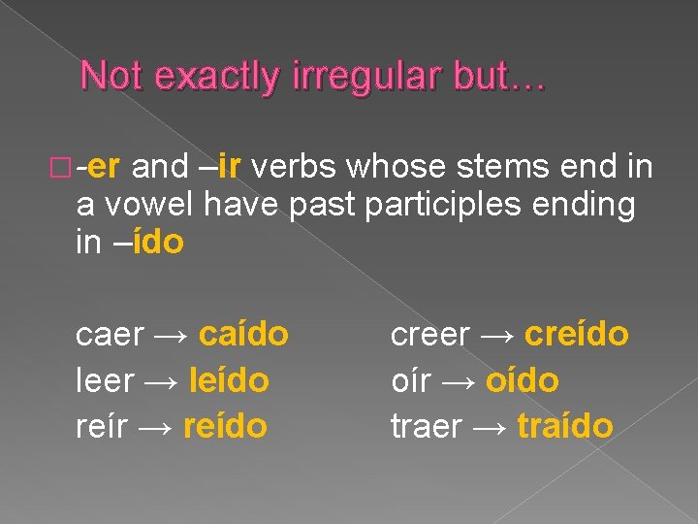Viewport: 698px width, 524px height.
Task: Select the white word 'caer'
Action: [110, 335]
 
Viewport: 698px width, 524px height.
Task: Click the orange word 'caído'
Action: [243, 334]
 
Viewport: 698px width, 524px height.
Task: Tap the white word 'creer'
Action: [430, 335]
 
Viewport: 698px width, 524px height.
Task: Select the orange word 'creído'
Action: [577, 334]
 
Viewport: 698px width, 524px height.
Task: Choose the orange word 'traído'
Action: [565, 426]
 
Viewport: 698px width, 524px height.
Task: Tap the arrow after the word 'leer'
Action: [166, 381]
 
